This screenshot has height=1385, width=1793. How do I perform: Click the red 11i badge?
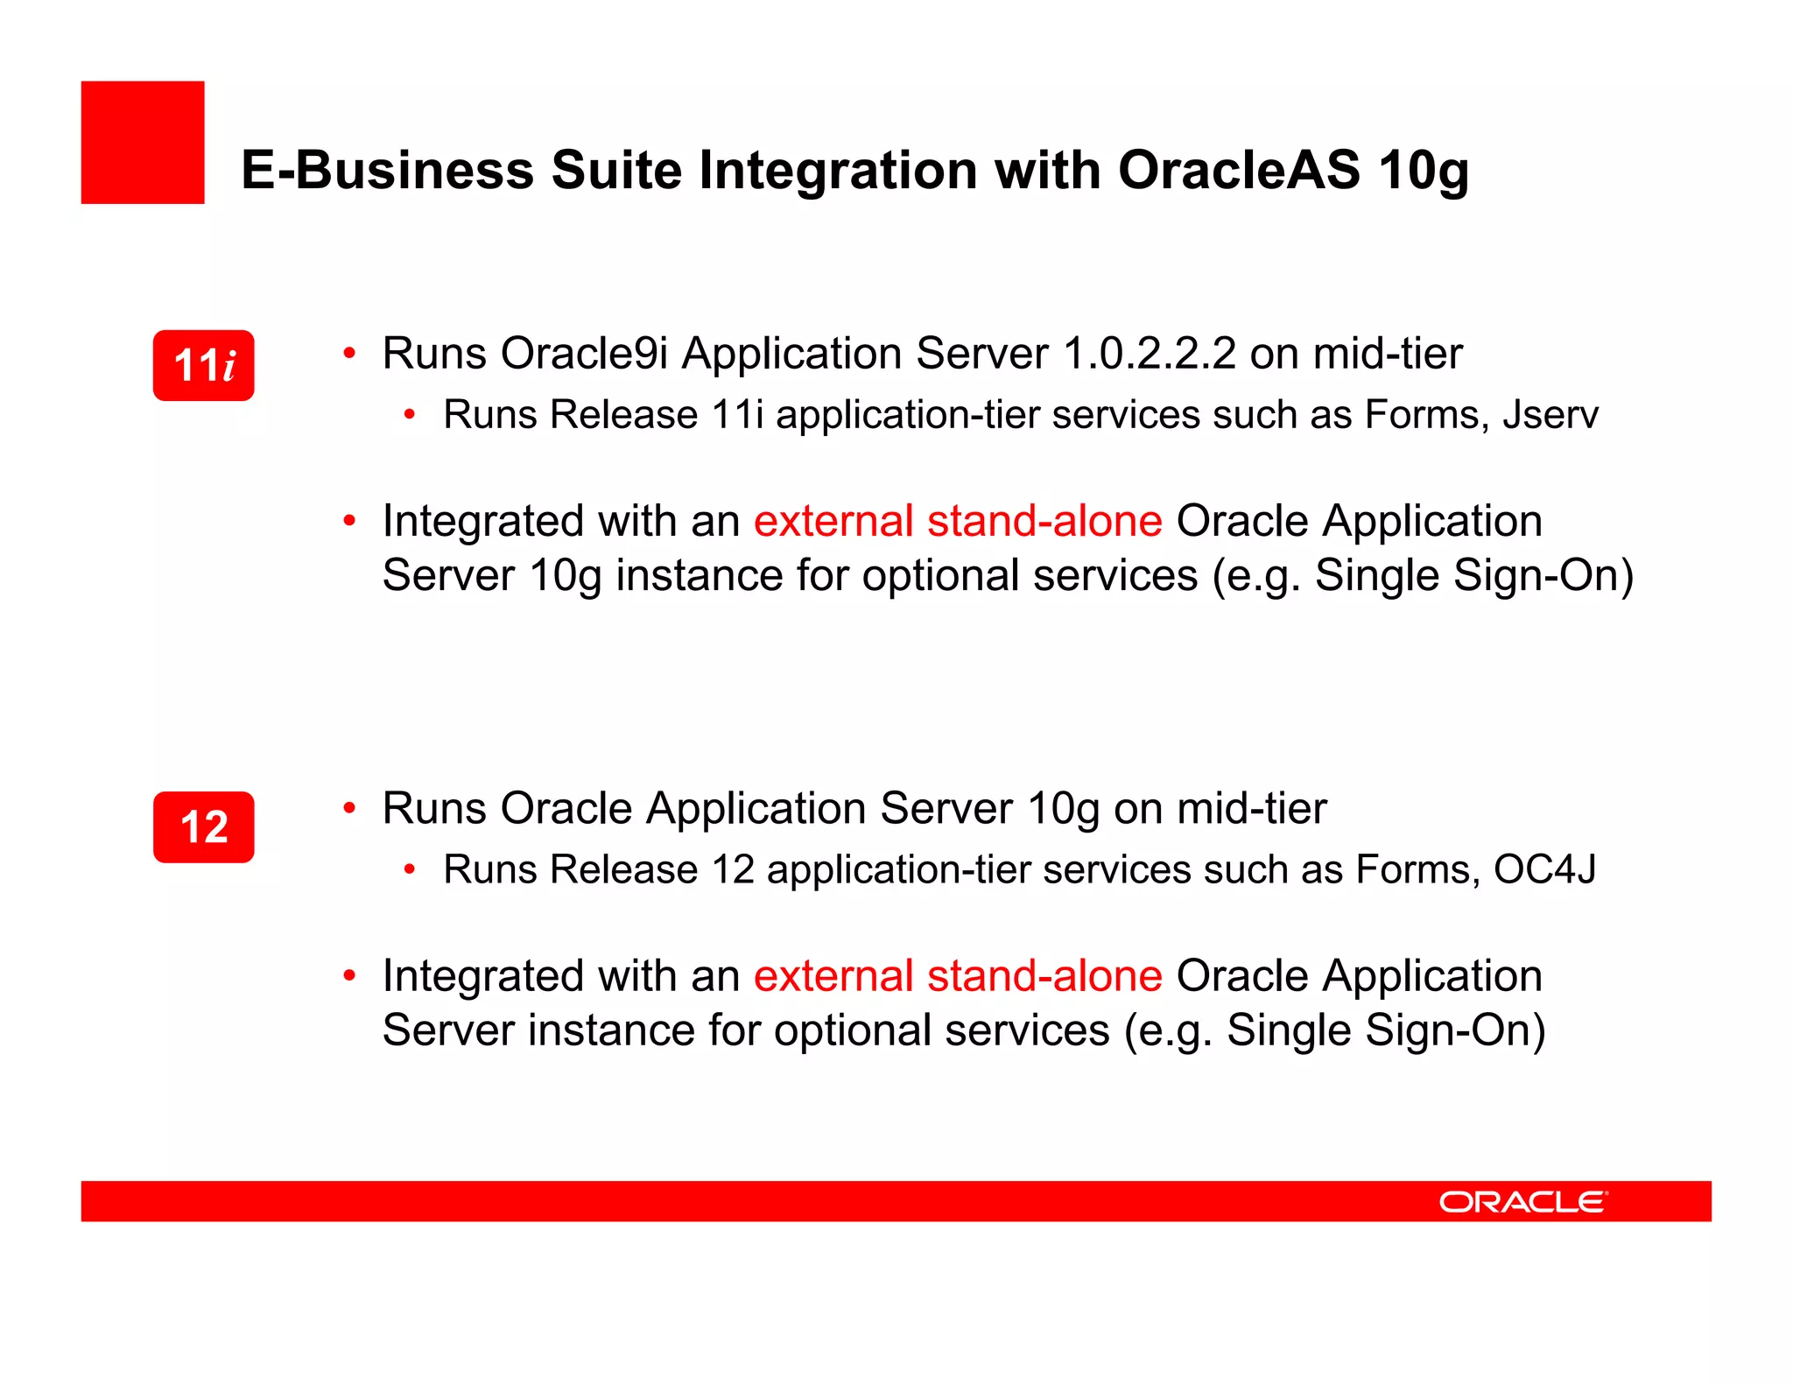tap(203, 365)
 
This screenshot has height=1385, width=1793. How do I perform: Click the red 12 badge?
tap(203, 827)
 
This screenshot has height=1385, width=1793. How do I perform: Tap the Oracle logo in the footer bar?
tap(1522, 1202)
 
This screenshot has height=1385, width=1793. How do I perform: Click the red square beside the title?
tap(143, 143)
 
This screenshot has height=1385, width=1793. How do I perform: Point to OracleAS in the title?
tap(1239, 170)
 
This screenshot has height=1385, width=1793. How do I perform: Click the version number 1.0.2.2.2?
tap(1149, 354)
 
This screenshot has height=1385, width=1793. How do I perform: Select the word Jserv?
tap(1550, 415)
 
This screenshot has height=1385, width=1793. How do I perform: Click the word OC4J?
tap(1544, 870)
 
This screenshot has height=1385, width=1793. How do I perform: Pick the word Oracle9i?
tap(584, 354)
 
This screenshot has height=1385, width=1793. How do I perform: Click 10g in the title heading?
tap(1424, 172)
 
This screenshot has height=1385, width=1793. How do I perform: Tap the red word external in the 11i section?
tap(833, 522)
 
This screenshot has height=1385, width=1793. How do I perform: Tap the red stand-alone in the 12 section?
tap(1044, 976)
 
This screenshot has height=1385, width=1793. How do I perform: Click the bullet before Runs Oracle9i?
tap(349, 354)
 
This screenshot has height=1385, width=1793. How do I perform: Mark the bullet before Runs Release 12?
tap(410, 870)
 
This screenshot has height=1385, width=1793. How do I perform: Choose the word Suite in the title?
tap(616, 170)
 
